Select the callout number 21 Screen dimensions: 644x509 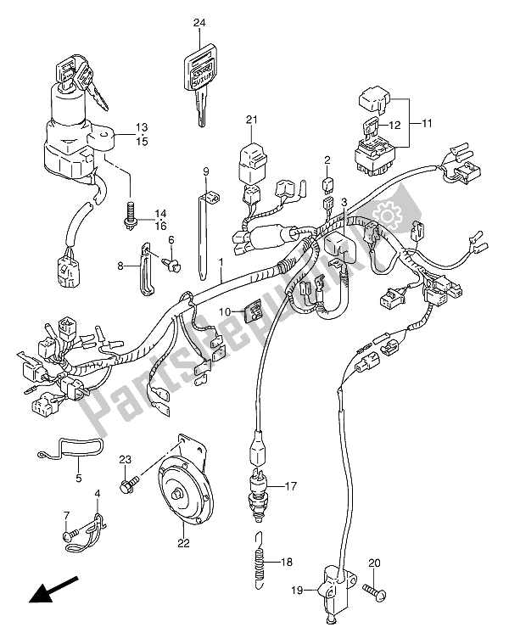251,120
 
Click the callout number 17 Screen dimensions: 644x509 291,487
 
